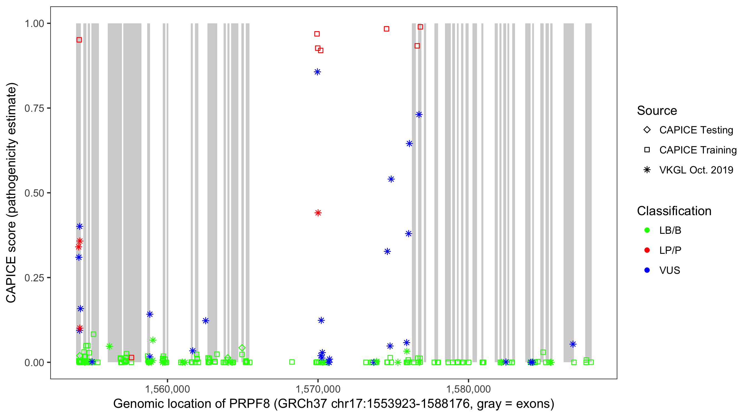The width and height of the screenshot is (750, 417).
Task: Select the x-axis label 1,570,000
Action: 318,389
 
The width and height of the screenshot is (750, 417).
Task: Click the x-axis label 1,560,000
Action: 167,389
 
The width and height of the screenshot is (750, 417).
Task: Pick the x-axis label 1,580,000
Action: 468,389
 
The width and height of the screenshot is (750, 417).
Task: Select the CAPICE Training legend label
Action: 698,150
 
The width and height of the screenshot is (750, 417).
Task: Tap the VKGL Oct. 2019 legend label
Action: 696,170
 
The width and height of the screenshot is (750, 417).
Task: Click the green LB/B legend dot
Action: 647,230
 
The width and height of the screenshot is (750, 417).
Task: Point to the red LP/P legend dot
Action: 647,250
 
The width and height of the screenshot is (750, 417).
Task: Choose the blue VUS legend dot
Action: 647,270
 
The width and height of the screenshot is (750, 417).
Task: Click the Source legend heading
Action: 657,110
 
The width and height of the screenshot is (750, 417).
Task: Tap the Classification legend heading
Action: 674,211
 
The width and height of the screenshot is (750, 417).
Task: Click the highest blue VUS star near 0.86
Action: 317,72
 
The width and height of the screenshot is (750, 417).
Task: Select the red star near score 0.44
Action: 318,213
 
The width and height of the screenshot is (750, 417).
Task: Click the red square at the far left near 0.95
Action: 79,40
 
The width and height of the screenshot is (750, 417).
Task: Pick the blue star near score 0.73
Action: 419,115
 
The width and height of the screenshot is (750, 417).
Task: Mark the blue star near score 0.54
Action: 391,179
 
